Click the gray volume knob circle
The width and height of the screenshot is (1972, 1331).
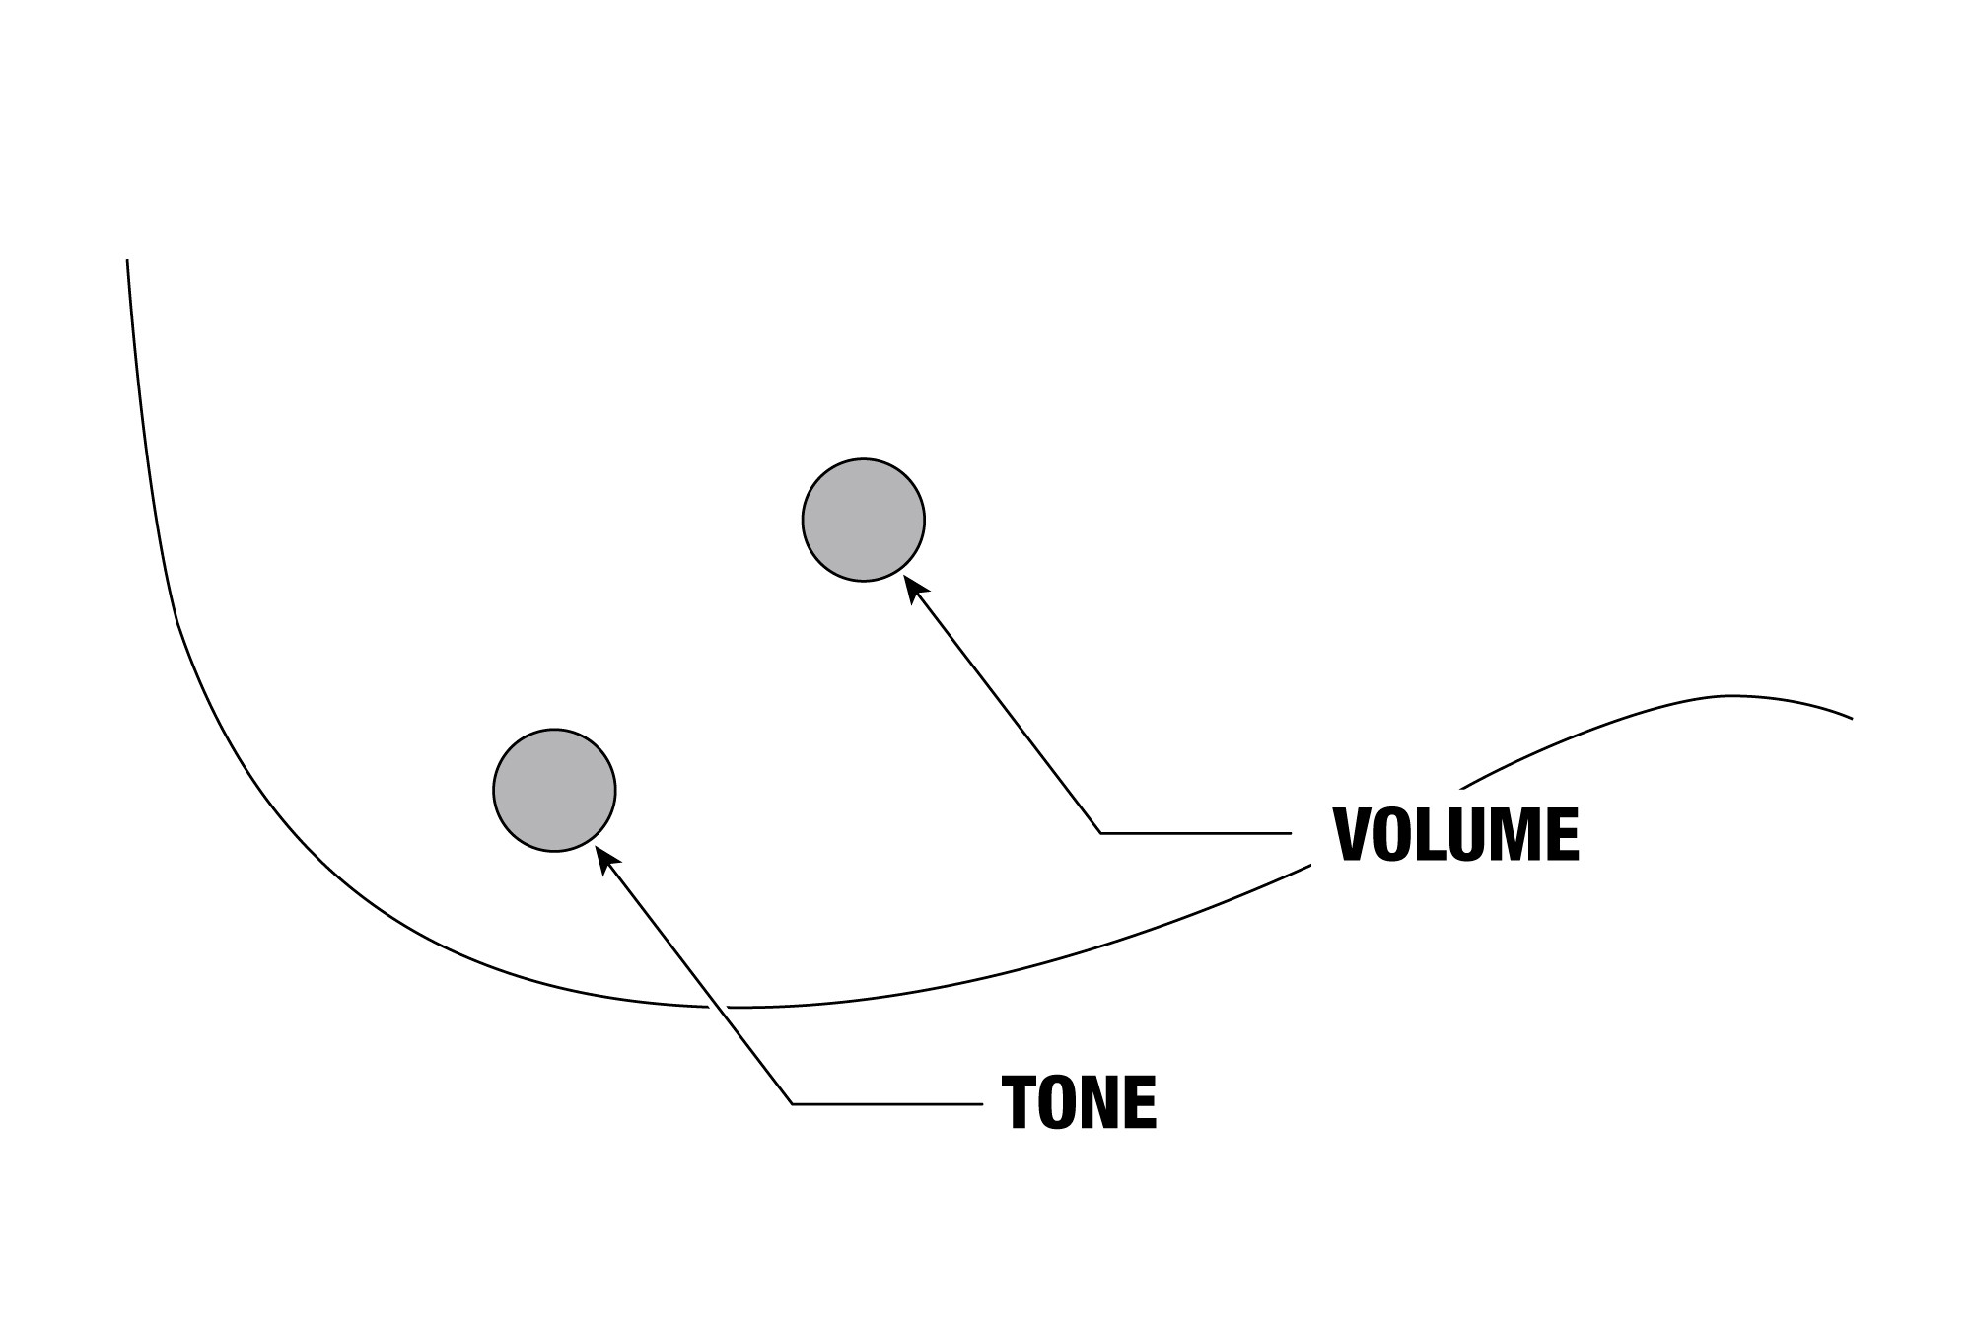point(864,520)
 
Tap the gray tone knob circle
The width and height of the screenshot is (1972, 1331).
point(555,790)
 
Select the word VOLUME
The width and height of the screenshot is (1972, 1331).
point(1456,835)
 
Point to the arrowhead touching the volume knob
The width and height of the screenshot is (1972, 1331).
point(915,588)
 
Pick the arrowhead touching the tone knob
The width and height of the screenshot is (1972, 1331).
point(607,859)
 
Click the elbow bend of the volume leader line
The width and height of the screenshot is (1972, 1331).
point(1101,833)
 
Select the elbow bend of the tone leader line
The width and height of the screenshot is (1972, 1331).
point(794,1104)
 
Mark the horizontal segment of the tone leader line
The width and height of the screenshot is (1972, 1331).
point(888,1104)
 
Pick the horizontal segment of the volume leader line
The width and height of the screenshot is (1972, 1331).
point(1196,833)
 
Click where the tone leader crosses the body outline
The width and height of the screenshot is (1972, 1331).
point(718,1007)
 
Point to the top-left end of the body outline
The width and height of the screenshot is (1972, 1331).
point(127,260)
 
